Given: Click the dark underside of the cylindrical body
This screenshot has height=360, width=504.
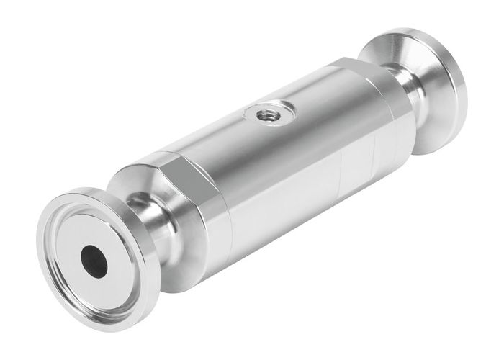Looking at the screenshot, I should click(x=288, y=230).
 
